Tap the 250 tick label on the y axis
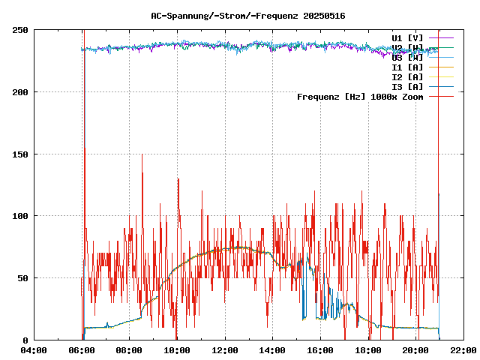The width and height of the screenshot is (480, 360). (x=20, y=30)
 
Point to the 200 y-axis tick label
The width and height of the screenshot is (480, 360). (x=20, y=92)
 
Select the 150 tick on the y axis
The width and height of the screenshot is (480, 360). (x=20, y=154)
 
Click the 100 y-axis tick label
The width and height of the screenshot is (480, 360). (x=20, y=216)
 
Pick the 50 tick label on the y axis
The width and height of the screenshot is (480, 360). (x=23, y=278)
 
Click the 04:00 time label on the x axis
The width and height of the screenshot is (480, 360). (x=34, y=349)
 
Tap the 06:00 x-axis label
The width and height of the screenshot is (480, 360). (x=82, y=349)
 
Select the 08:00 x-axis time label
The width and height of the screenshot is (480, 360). (x=129, y=349)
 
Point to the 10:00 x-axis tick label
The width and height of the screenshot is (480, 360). (x=177, y=349)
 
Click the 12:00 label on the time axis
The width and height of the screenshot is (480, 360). (x=225, y=349)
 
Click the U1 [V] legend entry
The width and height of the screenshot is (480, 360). (x=408, y=37)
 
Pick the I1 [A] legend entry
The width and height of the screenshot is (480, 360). (x=408, y=67)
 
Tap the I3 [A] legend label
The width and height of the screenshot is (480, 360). (x=408, y=86)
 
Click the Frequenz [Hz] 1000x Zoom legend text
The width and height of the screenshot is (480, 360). (x=360, y=97)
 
